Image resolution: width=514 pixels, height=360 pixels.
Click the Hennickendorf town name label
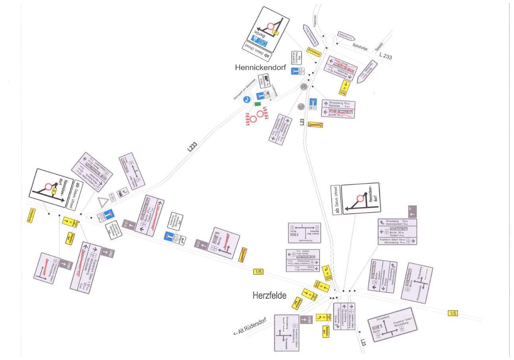pyautogui.click(x=260, y=67)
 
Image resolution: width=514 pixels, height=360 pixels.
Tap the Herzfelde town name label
pyautogui.click(x=269, y=296)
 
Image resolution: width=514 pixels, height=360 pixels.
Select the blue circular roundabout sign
pyautogui.click(x=246, y=99)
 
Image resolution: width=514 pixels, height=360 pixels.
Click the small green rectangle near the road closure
pyautogui.click(x=258, y=104)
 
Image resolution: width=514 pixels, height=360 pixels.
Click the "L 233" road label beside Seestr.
pyautogui.click(x=385, y=56)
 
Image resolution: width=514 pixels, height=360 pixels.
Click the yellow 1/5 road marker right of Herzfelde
pyautogui.click(x=452, y=313)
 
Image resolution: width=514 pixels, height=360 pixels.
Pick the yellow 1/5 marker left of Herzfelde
pyautogui.click(x=258, y=272)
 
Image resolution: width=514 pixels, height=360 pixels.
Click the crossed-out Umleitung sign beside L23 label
pyautogui.click(x=315, y=125)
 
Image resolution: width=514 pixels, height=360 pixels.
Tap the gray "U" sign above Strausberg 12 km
pyautogui.click(x=412, y=212)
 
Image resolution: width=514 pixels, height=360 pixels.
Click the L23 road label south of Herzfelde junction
pyautogui.click(x=363, y=342)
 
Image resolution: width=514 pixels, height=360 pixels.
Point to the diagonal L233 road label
pyautogui.click(x=192, y=147)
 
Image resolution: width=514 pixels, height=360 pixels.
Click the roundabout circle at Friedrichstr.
pyautogui.click(x=330, y=40)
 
